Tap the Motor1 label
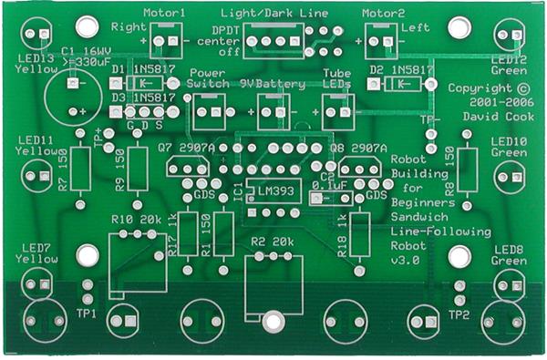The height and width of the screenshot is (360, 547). click(165, 14)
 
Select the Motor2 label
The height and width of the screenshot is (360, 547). click(384, 14)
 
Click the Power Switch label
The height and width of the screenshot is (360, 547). click(210, 77)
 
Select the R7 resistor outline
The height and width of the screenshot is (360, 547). click(81, 169)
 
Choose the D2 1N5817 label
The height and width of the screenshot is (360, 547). click(401, 68)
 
